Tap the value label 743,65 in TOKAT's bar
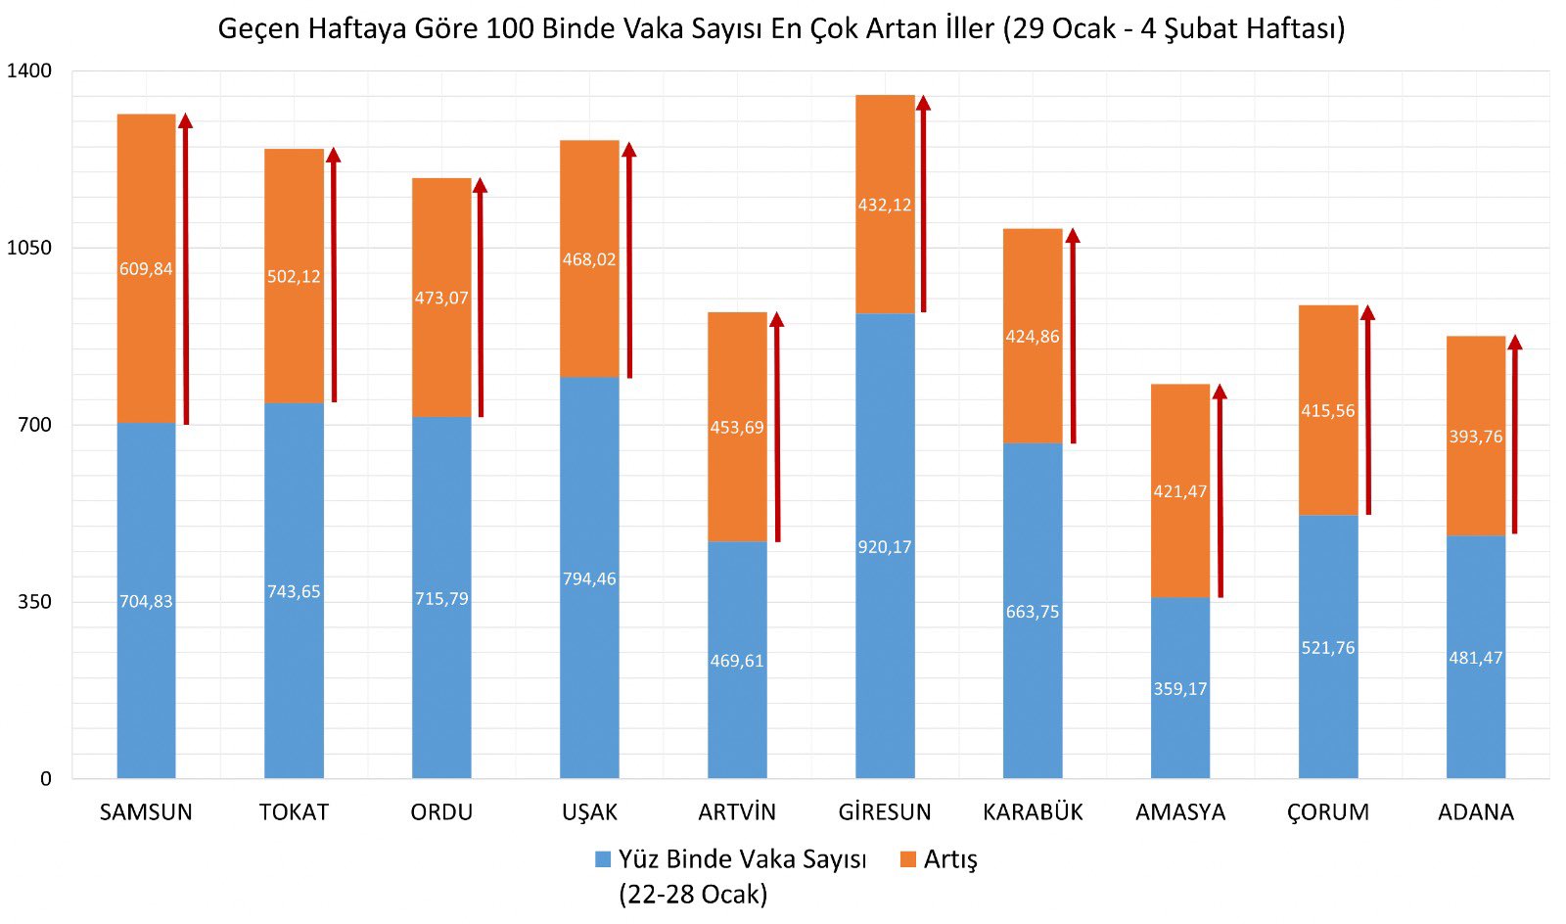[294, 592]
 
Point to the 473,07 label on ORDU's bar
[441, 298]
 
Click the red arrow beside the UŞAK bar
[629, 259]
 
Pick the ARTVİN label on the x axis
[737, 812]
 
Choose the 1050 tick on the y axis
[29, 248]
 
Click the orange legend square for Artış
[908, 859]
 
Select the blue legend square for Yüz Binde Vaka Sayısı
[603, 859]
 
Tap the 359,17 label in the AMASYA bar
[1180, 689]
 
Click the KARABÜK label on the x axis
[1033, 812]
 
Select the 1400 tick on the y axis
[29, 70]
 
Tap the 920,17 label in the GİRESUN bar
[885, 547]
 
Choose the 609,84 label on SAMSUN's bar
[146, 269]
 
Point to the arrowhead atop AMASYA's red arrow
[1220, 392]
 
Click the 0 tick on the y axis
[45, 779]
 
